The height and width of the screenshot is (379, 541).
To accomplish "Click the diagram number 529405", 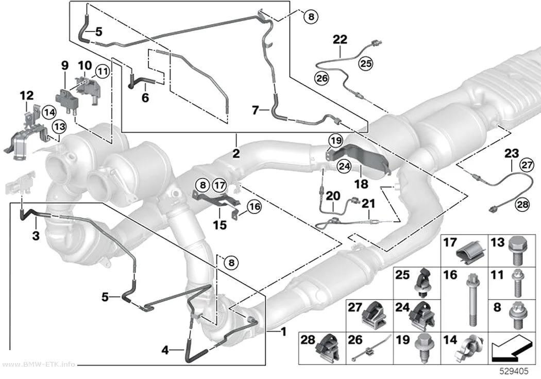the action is click(514, 371).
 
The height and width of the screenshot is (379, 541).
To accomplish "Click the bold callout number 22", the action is click(340, 39).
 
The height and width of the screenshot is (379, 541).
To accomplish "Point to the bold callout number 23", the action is click(512, 153).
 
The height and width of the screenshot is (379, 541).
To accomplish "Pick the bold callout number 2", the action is click(236, 153).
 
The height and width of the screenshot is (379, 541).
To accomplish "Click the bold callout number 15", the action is click(219, 225).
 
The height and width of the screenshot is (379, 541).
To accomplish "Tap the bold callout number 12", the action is click(27, 95).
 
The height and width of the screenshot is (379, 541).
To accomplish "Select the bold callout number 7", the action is click(256, 110).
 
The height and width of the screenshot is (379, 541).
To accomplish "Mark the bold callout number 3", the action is click(36, 236).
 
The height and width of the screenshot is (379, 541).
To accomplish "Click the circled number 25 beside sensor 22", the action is click(366, 63).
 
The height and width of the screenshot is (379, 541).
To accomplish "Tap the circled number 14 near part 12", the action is click(48, 112).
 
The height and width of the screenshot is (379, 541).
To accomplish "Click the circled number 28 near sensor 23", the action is click(522, 204).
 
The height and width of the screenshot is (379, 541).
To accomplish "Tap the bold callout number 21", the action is click(368, 204).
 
